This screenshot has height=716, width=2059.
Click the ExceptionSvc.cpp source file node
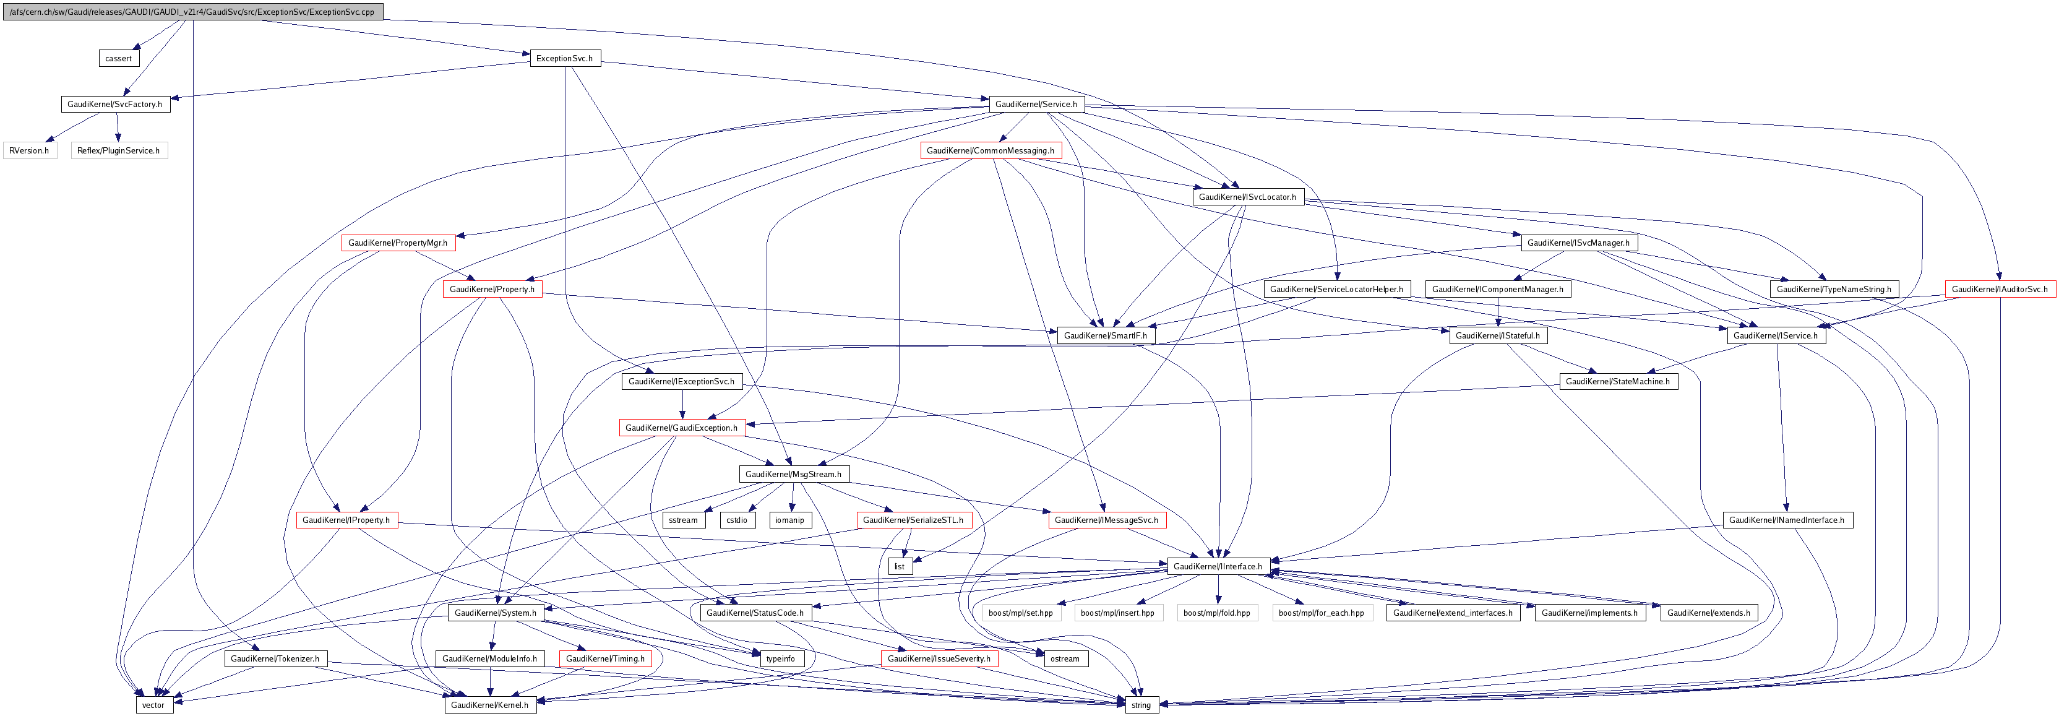[x=192, y=12]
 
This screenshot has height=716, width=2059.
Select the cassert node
[x=118, y=58]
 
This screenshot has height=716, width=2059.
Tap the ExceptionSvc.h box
[x=564, y=58]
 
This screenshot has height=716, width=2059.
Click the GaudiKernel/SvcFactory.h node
[x=115, y=105]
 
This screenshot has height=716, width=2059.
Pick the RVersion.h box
[x=30, y=151]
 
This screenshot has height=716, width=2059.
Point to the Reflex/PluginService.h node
[x=118, y=151]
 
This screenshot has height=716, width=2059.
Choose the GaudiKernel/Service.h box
[x=1036, y=105]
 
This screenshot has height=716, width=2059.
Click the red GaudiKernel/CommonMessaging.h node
[x=991, y=151]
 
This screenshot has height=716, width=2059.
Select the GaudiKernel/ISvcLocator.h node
[x=1248, y=197]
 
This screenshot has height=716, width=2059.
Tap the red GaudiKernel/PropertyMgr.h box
[x=398, y=243]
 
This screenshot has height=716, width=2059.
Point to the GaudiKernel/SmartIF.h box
[x=1106, y=335]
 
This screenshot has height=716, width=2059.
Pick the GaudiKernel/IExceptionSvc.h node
[x=682, y=382]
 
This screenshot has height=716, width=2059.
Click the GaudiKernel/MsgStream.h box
[x=794, y=475]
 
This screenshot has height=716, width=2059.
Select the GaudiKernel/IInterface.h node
[x=1218, y=567]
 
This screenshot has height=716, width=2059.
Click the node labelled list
[x=899, y=567]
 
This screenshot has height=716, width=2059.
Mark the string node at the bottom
[x=1141, y=705]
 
